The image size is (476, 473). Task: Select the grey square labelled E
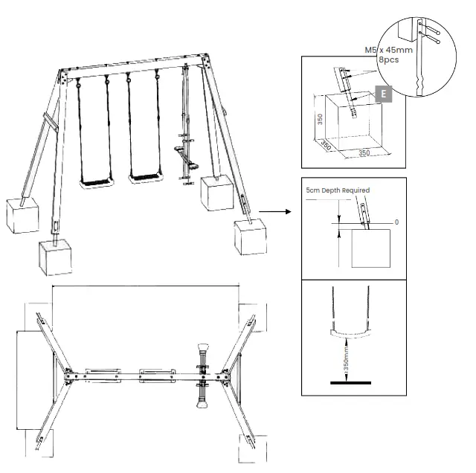[x=383, y=94]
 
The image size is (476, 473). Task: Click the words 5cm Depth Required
[x=337, y=190]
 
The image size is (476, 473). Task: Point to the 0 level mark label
[x=396, y=222]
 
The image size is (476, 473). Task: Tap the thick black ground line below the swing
[x=350, y=383]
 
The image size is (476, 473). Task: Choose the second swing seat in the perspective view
[x=145, y=177]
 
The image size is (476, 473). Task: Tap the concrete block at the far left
[x=22, y=215]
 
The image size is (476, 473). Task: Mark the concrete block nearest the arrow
[x=248, y=236]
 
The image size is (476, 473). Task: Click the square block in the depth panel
[x=369, y=248]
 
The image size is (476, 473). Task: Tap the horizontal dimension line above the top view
[x=145, y=286]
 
